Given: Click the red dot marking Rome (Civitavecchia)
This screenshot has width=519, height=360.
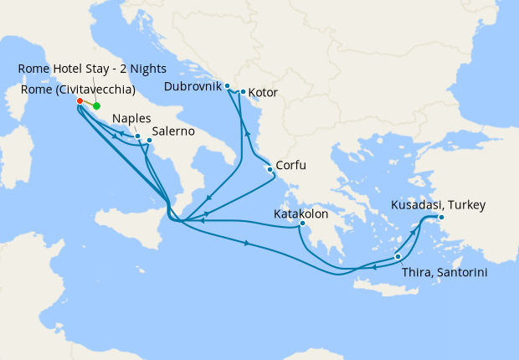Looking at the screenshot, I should tap(80, 101).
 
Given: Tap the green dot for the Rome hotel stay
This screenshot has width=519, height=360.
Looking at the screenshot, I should tap(96, 106).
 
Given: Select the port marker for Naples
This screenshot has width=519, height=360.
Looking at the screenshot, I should tap(137, 135).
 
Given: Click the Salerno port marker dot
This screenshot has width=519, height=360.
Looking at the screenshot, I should tap(149, 140).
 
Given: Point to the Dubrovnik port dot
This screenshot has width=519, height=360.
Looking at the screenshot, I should tap(227, 85).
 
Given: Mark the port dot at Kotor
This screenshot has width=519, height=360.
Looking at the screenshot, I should tap(243, 92).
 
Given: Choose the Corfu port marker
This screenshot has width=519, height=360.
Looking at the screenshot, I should tap(270, 170).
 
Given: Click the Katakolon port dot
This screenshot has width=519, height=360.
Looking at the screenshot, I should tap(302, 224).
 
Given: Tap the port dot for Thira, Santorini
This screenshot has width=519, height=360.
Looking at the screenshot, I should tap(398, 256).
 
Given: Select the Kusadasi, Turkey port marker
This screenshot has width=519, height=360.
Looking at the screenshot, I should tap(441, 218).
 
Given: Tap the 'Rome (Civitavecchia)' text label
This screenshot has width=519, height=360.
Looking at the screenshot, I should tap(76, 84).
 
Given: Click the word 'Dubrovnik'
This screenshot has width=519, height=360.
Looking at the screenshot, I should tap(193, 86).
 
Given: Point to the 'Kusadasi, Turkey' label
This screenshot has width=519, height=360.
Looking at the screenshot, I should tap(438, 204).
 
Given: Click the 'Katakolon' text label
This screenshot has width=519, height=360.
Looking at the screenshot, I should tap(301, 213).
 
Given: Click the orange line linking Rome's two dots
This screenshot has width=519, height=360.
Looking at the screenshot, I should tap(88, 104).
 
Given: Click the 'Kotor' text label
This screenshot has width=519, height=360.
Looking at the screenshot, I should tap(263, 92).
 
